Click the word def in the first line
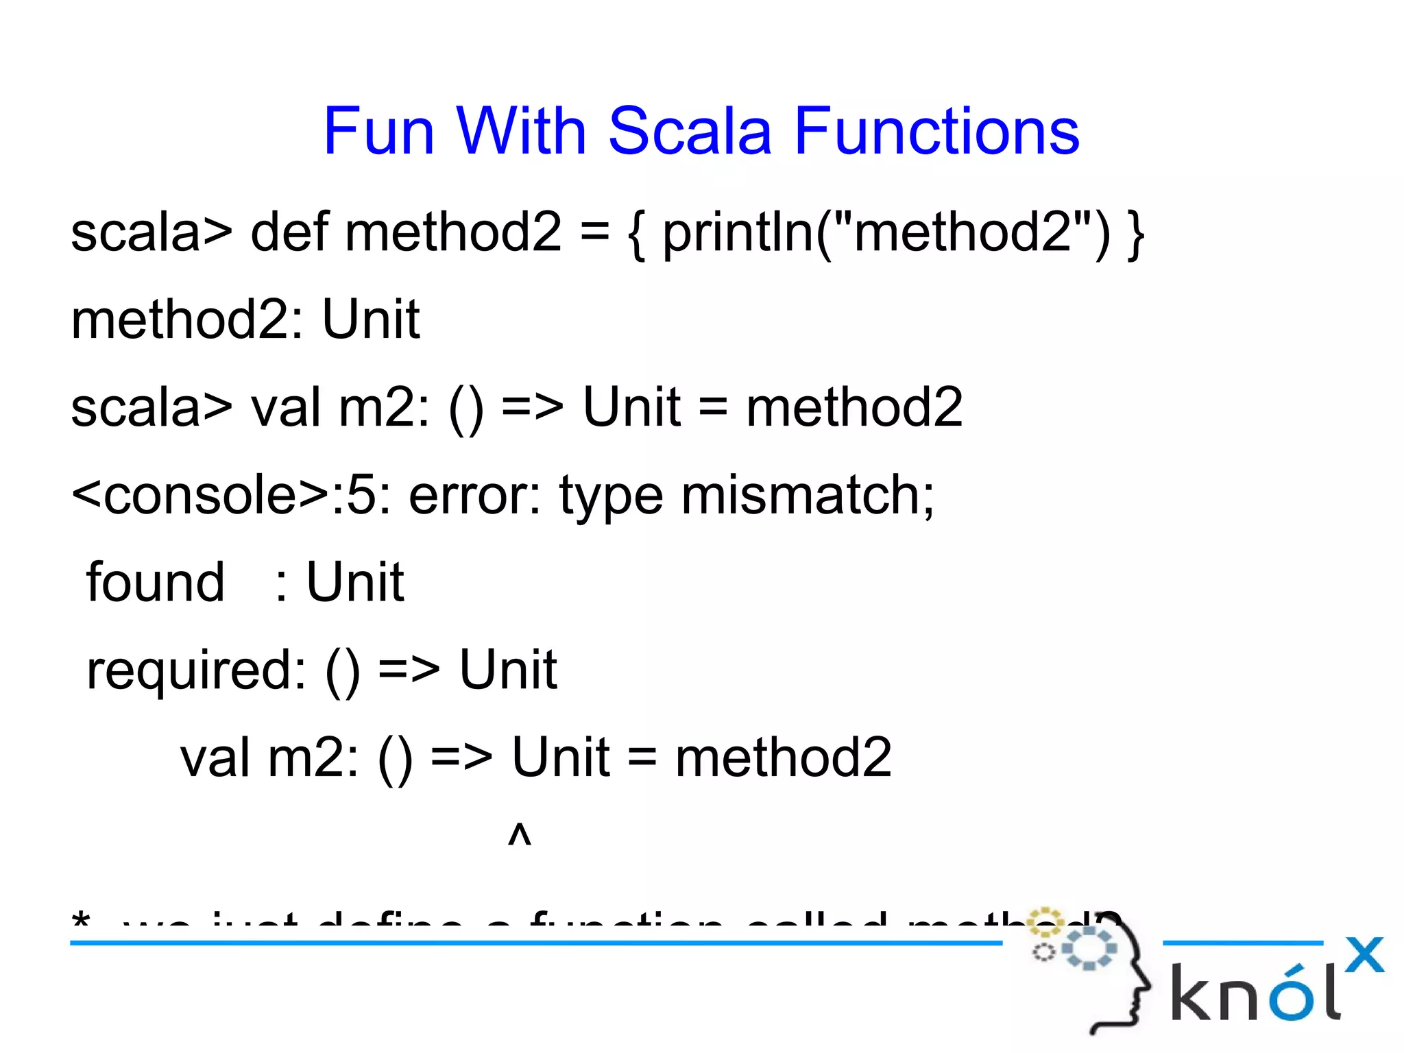[x=289, y=232]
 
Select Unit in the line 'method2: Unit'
[x=370, y=319]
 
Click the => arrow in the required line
[x=409, y=670]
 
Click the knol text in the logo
[x=1255, y=991]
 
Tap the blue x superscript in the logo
[x=1364, y=954]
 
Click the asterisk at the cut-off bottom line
[x=81, y=919]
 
